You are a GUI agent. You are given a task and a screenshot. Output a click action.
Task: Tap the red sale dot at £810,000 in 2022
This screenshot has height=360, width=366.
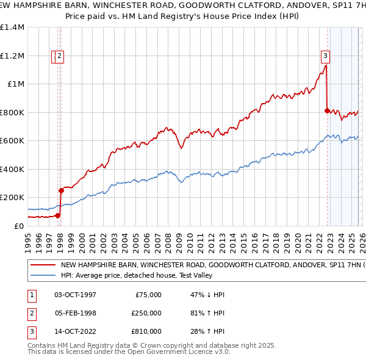(x=327, y=110)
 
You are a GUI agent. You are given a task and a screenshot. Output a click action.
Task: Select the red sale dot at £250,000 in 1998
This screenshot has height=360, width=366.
(x=61, y=190)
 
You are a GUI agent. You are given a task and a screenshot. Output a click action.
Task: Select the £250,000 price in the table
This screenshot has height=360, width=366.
(x=146, y=313)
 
